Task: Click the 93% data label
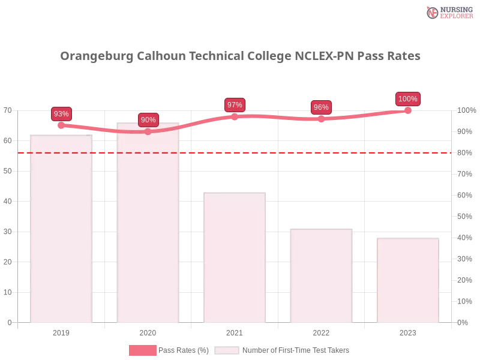coord(61,113)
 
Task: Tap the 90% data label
coord(148,119)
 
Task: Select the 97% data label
coord(235,105)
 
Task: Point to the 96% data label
coord(321,107)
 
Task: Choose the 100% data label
coord(407,99)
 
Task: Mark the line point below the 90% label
coord(148,131)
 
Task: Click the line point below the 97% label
coord(235,116)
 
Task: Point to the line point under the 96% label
coord(321,119)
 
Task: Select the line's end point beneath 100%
coord(408,110)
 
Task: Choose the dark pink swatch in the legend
coord(142,350)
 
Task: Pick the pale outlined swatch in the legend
coord(227,350)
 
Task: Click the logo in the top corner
coord(448,12)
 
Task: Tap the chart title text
coord(240,56)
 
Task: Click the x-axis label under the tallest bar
coord(148,331)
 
